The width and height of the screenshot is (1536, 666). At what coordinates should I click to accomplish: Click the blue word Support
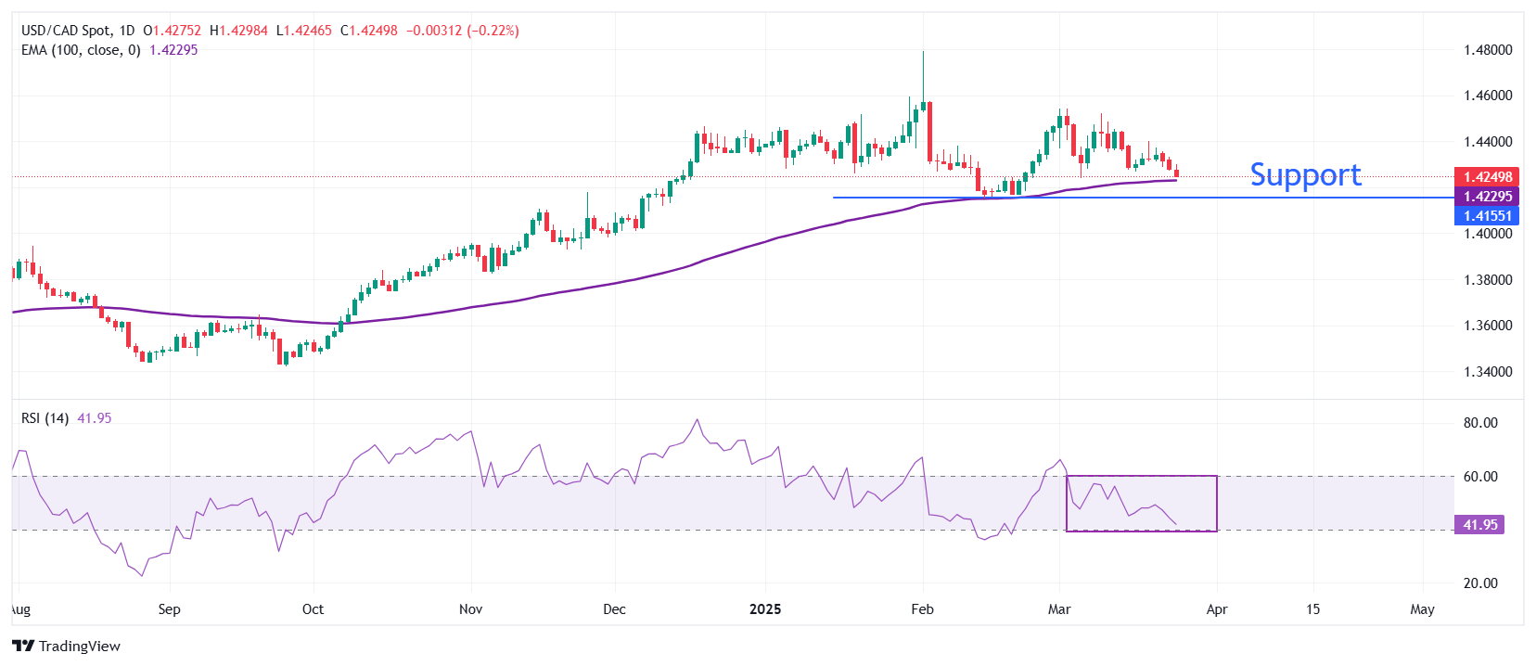pyautogui.click(x=1305, y=174)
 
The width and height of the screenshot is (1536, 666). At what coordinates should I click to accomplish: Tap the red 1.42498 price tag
pyautogui.click(x=1487, y=177)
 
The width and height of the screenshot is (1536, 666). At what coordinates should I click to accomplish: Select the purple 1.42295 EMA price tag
pyautogui.click(x=1487, y=197)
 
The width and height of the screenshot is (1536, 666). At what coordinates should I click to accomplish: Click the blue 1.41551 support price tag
pyautogui.click(x=1487, y=216)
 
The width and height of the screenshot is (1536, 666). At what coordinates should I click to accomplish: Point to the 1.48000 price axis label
pyautogui.click(x=1487, y=50)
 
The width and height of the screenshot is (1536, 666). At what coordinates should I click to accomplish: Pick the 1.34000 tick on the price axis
pyautogui.click(x=1487, y=372)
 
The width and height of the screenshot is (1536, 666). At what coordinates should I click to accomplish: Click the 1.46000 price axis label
pyautogui.click(x=1487, y=96)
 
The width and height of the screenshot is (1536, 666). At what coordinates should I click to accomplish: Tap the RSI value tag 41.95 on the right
pyautogui.click(x=1479, y=525)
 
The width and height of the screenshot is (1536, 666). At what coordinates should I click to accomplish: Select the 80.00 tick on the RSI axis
pyautogui.click(x=1480, y=423)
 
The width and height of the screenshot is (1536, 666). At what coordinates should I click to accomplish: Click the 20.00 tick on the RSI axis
pyautogui.click(x=1480, y=583)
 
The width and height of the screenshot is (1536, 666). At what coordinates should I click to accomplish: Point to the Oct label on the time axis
pyautogui.click(x=313, y=609)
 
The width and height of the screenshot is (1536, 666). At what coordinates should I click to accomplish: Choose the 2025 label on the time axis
pyautogui.click(x=765, y=609)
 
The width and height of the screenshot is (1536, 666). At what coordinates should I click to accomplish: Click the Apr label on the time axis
pyautogui.click(x=1216, y=609)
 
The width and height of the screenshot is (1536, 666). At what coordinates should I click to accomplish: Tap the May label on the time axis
pyautogui.click(x=1422, y=609)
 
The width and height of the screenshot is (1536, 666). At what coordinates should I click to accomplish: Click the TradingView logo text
pyautogui.click(x=79, y=647)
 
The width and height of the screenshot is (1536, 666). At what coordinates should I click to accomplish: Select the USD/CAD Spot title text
pyautogui.click(x=65, y=31)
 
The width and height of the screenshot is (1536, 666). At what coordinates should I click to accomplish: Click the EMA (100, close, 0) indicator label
pyautogui.click(x=81, y=50)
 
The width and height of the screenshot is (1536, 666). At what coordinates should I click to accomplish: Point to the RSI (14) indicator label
pyautogui.click(x=45, y=418)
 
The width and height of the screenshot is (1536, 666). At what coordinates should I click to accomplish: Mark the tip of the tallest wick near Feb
pyautogui.click(x=923, y=52)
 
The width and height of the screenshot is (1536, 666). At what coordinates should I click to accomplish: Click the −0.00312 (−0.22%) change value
pyautogui.click(x=462, y=31)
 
